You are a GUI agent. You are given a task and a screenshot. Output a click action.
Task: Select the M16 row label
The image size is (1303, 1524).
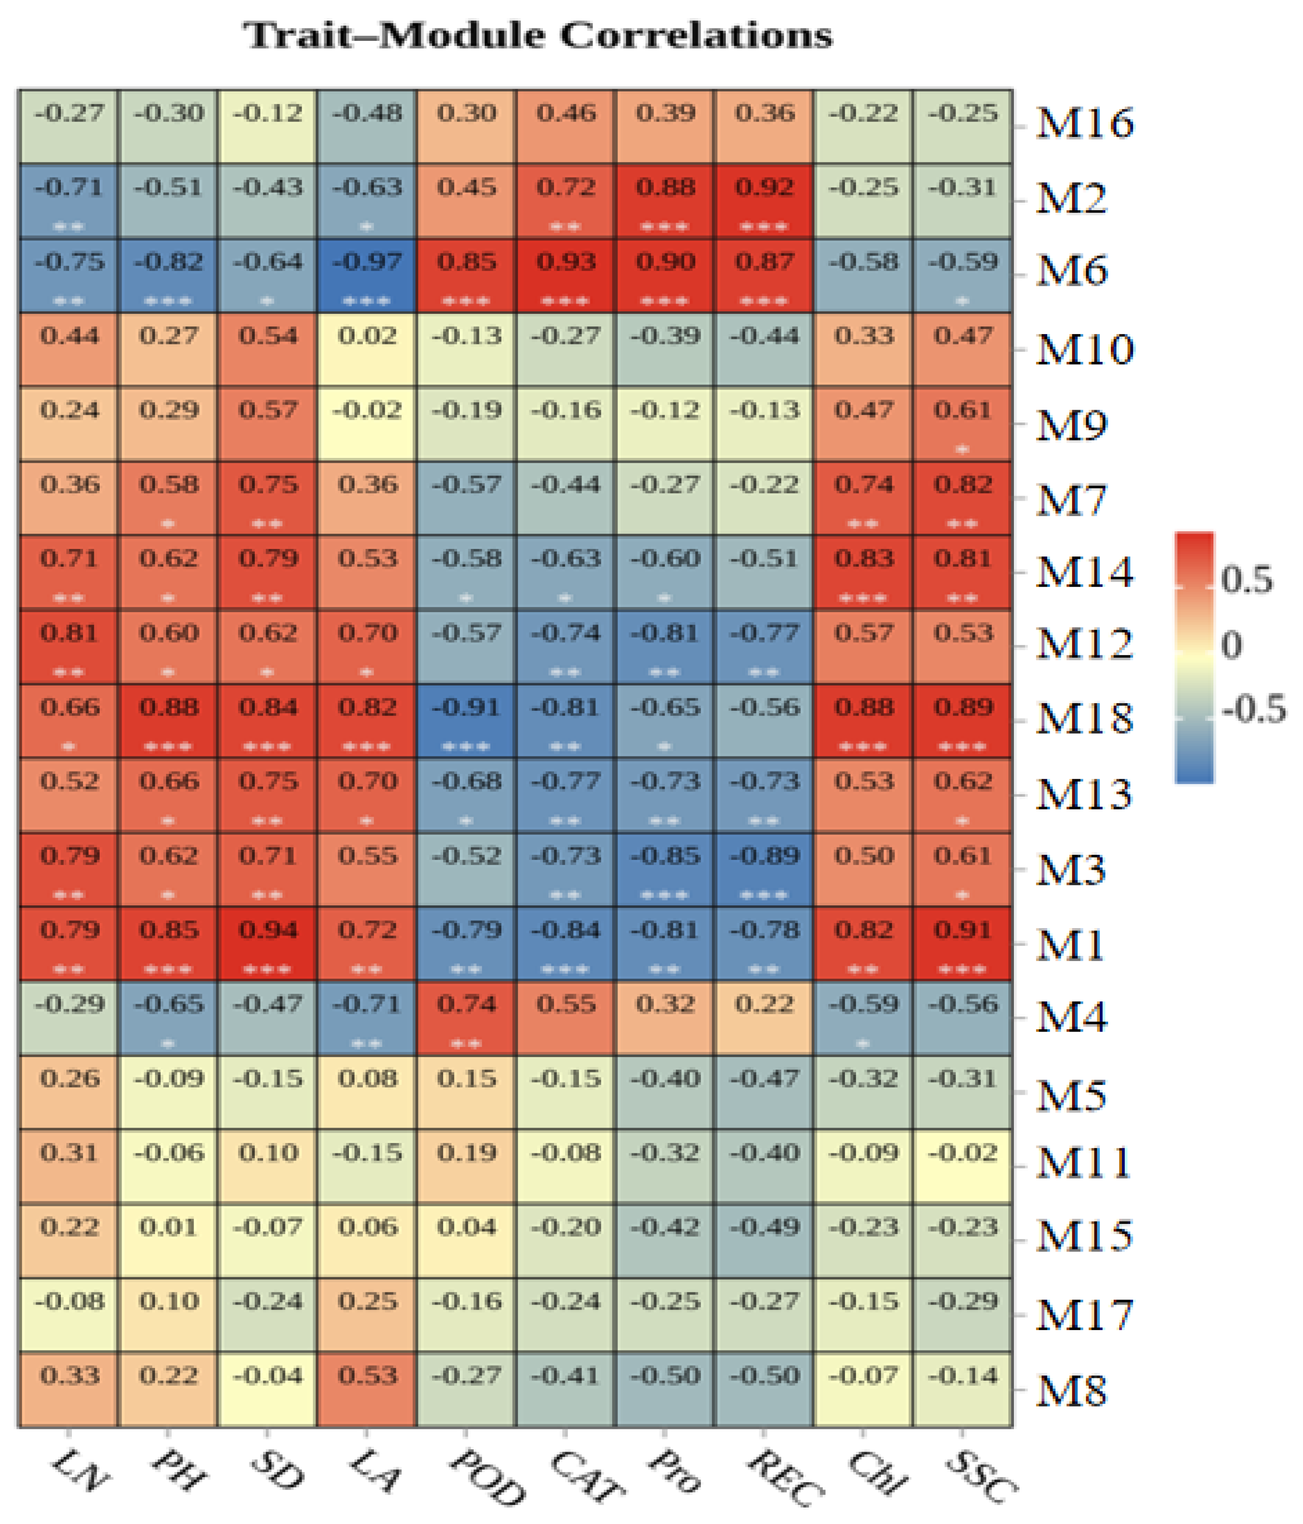click(x=1084, y=123)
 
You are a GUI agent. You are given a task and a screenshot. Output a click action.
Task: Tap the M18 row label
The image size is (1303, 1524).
click(x=1084, y=718)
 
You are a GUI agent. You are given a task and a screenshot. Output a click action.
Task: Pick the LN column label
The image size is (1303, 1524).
click(x=81, y=1471)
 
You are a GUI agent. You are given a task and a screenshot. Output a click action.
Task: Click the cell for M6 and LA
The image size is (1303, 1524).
click(x=367, y=275)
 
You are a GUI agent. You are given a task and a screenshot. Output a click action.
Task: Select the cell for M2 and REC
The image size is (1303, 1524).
click(x=763, y=201)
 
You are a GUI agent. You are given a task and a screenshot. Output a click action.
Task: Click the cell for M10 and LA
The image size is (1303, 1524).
click(x=367, y=349)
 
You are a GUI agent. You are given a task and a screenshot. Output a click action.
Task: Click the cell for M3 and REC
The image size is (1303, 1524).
click(x=763, y=869)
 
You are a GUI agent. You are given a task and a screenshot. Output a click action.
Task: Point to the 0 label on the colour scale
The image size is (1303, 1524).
click(x=1231, y=645)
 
